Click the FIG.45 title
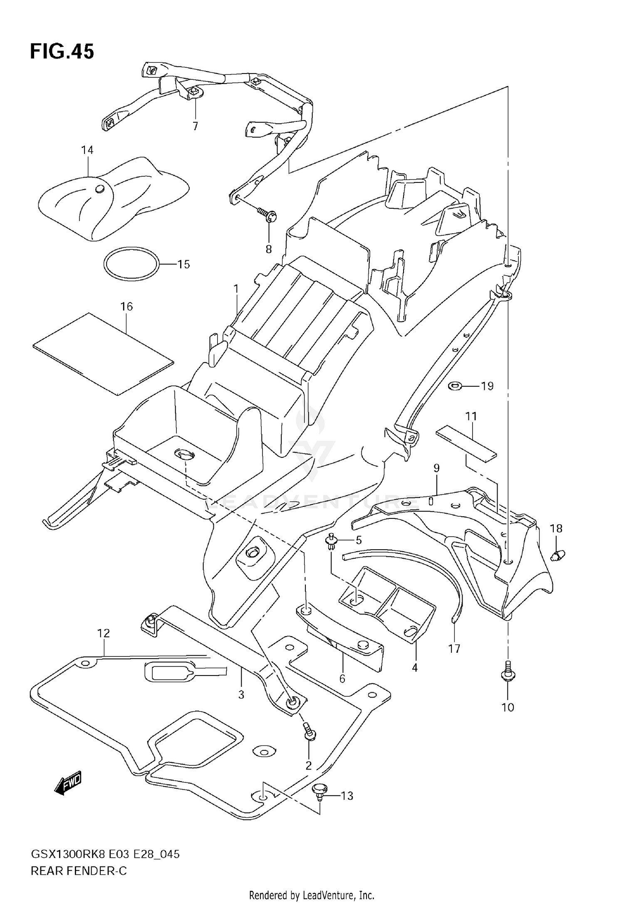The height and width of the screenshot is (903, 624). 62,52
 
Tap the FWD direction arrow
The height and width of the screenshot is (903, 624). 68,785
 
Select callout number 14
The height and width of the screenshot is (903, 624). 87,150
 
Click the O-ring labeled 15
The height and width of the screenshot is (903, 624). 131,265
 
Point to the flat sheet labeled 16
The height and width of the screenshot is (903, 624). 103,353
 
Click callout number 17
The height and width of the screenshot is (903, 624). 454,648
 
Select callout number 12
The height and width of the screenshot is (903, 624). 104,633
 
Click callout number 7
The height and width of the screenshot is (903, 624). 195,126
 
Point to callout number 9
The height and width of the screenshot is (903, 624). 436,468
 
